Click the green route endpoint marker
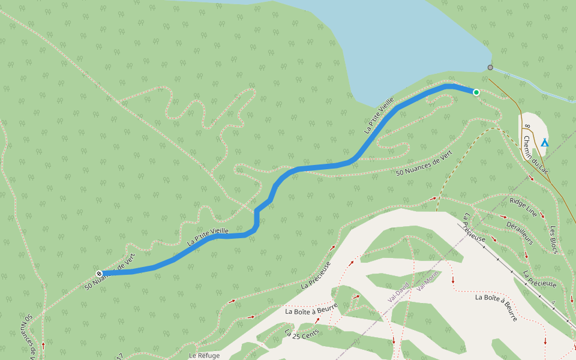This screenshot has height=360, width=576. (476, 92)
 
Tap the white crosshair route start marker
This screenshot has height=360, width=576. (99, 274)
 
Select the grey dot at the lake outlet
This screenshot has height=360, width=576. (490, 67)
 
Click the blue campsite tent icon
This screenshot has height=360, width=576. (544, 142)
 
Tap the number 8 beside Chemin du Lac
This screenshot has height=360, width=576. (527, 127)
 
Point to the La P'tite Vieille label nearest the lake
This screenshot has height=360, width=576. (379, 115)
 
